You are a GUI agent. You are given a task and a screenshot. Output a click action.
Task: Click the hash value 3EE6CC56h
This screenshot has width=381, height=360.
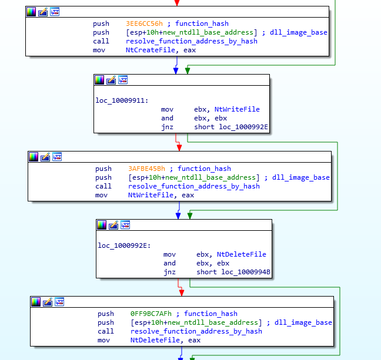[144, 23]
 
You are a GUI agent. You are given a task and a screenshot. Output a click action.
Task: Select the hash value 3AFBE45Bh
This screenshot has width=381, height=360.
[146, 169]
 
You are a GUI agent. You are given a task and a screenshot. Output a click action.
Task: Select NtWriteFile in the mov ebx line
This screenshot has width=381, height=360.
[237, 109]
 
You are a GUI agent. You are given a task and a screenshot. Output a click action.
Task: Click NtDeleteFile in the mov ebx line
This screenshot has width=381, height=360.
[241, 254]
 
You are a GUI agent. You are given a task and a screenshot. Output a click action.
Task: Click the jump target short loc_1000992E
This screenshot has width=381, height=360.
[231, 127]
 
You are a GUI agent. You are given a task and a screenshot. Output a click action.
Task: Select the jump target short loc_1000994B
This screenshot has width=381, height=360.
[233, 272]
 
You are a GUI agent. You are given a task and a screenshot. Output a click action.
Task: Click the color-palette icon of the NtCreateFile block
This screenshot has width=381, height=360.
[31, 12]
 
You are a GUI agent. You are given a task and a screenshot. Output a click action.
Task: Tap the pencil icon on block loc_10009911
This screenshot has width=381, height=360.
[111, 80]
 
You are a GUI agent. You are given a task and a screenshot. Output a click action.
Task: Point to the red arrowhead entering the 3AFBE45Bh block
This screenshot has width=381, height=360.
[179, 146]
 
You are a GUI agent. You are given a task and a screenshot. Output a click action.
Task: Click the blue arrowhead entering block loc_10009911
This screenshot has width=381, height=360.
[176, 70]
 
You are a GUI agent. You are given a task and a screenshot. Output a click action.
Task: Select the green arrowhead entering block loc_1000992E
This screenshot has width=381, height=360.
[189, 216]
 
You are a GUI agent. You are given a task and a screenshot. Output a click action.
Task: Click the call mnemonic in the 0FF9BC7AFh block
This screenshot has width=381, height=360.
[105, 331]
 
